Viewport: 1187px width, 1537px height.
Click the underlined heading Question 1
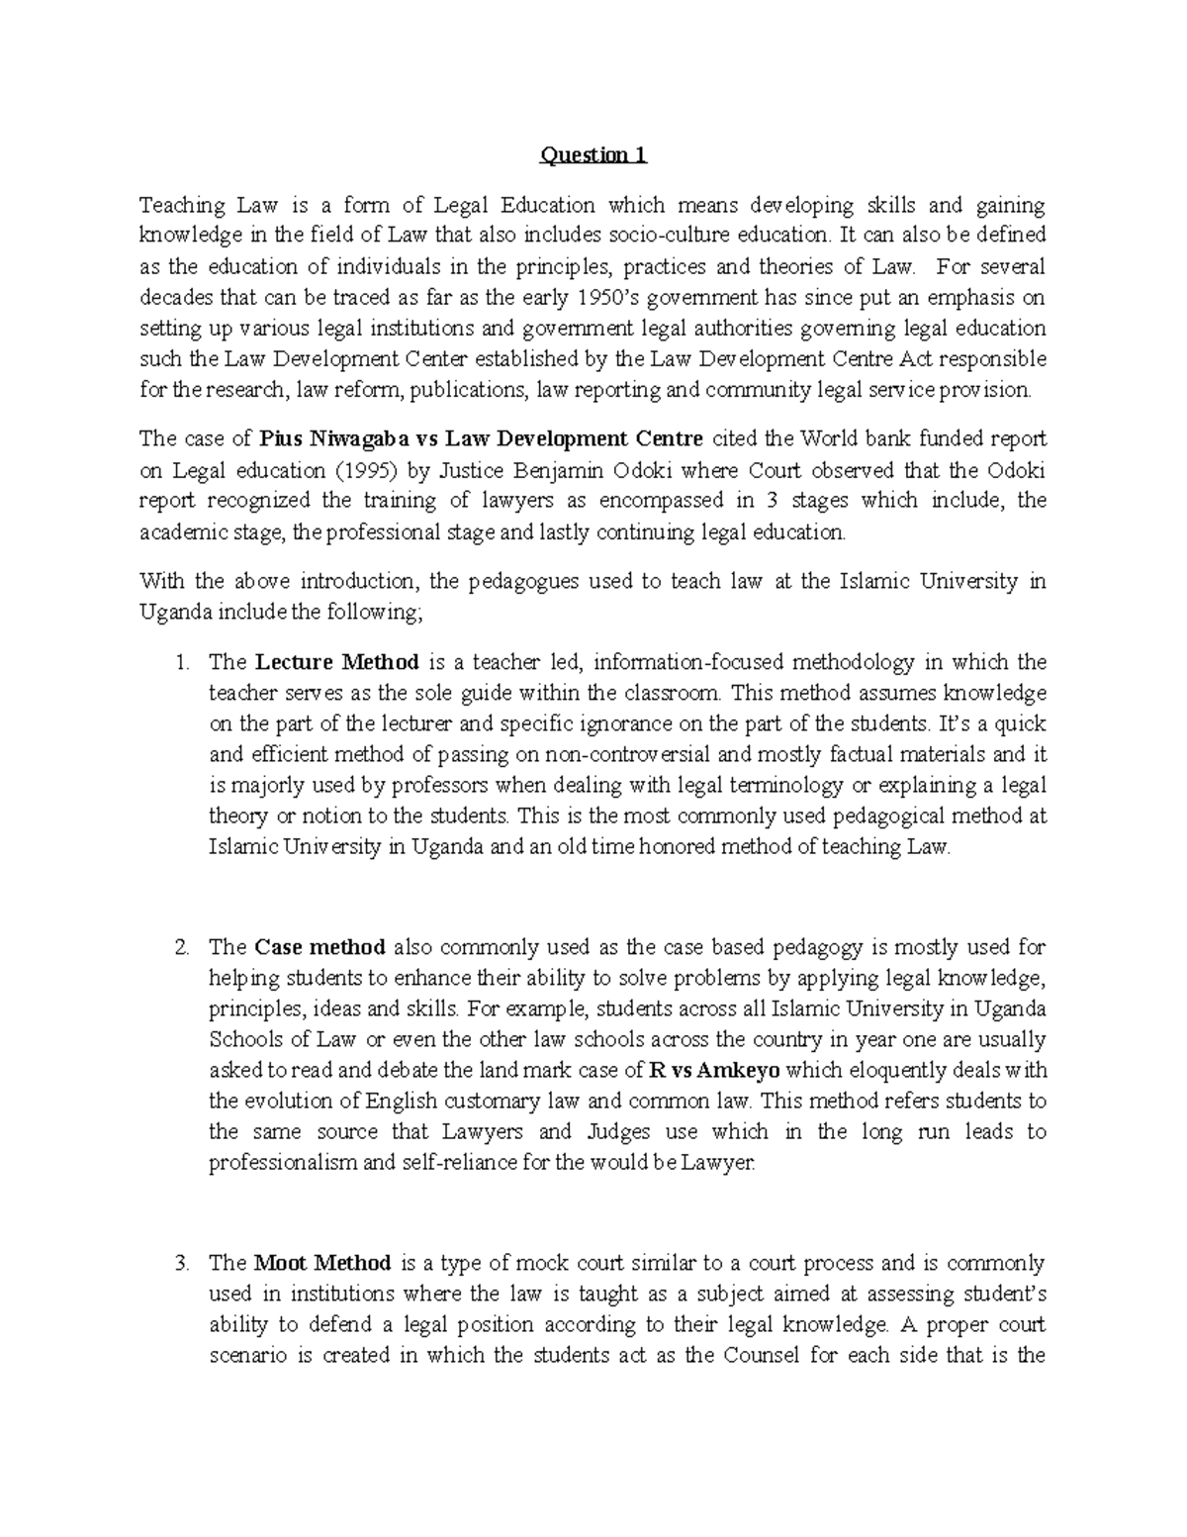(x=593, y=155)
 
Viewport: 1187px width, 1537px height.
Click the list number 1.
(x=181, y=662)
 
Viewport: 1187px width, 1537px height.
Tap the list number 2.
(x=181, y=947)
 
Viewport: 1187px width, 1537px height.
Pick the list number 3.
(x=181, y=1263)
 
